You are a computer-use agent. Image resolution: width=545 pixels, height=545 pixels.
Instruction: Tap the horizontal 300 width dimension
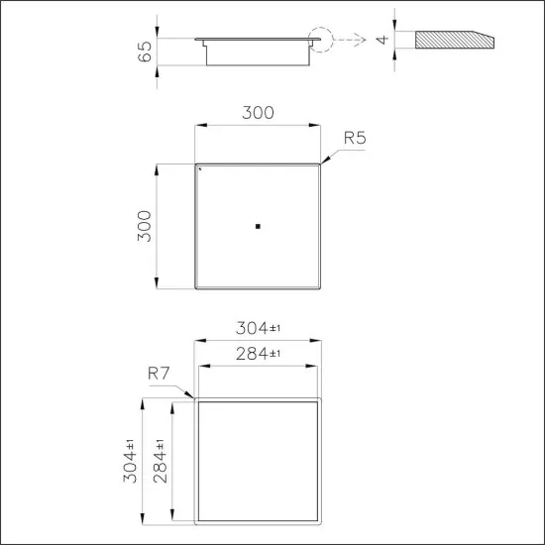(258, 113)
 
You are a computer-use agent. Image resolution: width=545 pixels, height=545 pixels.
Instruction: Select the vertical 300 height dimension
(146, 227)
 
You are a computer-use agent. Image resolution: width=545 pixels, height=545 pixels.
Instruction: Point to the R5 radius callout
(355, 138)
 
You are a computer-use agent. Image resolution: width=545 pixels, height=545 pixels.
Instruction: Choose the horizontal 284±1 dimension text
(258, 354)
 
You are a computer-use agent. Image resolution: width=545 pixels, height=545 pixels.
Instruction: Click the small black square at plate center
(258, 227)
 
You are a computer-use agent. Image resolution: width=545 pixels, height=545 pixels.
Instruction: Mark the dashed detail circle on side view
(321, 40)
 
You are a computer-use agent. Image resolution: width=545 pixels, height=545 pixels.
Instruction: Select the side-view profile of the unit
(258, 50)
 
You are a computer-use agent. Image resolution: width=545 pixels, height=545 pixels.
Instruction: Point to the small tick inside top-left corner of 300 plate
(200, 169)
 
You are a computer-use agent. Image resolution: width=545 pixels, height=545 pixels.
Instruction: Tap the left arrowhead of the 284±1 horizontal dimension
(203, 366)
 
